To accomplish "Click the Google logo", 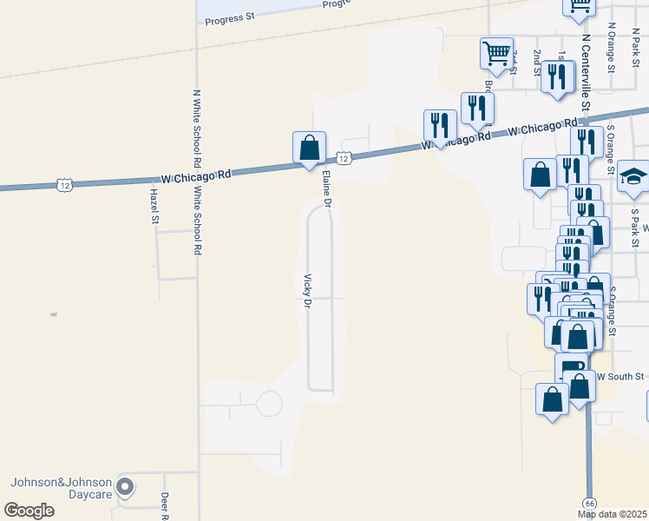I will pyautogui.click(x=29, y=511).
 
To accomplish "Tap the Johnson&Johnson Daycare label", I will pyautogui.click(x=61, y=489).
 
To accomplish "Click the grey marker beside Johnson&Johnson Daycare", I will pyautogui.click(x=126, y=487).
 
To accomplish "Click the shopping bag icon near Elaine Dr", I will pyautogui.click(x=309, y=148).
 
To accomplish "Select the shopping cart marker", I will pyautogui.click(x=496, y=53).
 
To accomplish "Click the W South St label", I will pyautogui.click(x=621, y=377).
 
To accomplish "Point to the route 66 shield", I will pyautogui.click(x=589, y=503).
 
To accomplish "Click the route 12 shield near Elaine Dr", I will pyautogui.click(x=344, y=158).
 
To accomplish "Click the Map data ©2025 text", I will pyautogui.click(x=613, y=514).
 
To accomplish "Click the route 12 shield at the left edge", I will pyautogui.click(x=64, y=185).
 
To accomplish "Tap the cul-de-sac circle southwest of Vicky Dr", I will pyautogui.click(x=269, y=404).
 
